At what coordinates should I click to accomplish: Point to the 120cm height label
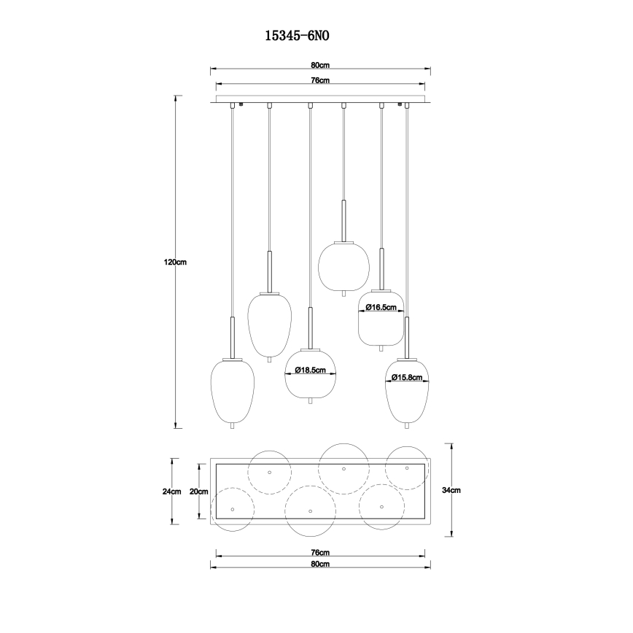point(175,263)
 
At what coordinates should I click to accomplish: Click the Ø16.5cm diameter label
point(381,307)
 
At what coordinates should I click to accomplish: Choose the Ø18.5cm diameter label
point(309,370)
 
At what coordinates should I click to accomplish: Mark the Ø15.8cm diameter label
point(406,377)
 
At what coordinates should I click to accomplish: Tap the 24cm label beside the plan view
point(171,492)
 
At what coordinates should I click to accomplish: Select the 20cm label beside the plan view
point(198,492)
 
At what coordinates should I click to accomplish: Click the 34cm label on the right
point(451,490)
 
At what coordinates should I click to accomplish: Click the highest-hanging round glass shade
point(343,266)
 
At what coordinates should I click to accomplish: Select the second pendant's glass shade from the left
point(270,324)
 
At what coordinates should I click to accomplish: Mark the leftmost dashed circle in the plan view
point(232,509)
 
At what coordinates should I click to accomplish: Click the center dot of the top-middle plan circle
point(343,469)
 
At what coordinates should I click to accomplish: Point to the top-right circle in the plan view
point(407,467)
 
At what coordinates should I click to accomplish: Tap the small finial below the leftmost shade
point(232,426)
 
